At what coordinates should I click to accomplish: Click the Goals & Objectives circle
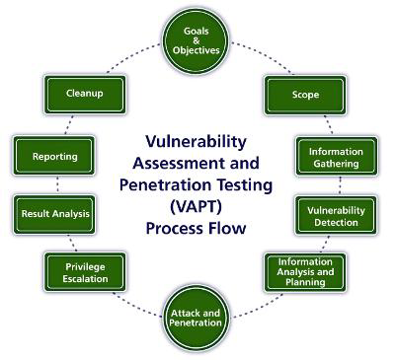coord(197,40)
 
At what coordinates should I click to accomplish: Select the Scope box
coord(305,95)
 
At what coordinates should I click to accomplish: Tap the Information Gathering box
coord(336,156)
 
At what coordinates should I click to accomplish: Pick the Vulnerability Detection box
coord(336,216)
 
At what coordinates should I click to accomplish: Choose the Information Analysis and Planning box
coord(305,272)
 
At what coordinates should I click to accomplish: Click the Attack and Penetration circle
coord(196,319)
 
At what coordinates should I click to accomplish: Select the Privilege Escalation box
coord(85,272)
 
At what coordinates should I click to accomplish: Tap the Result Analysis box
coord(54,214)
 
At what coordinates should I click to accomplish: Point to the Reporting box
coord(54,156)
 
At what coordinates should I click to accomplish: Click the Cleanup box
coord(85,95)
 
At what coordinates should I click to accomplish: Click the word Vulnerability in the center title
coord(196,142)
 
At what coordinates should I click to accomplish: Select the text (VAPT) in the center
coord(197,207)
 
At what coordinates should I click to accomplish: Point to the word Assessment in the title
coord(177,163)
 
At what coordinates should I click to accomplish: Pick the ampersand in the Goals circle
coord(197,40)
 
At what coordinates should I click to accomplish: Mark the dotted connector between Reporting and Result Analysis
coord(58,185)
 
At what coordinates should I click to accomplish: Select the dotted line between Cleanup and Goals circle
coord(134,57)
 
